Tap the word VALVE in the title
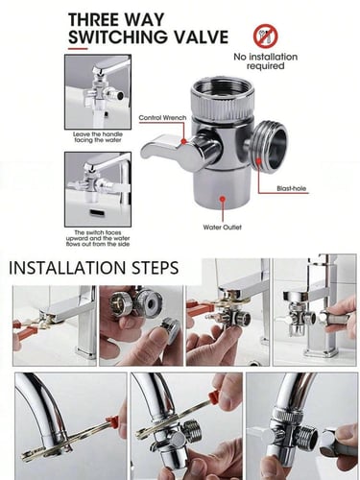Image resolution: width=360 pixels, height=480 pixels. pyautogui.click(x=203, y=36)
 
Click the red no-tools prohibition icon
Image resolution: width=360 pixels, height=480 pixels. pyautogui.click(x=266, y=36)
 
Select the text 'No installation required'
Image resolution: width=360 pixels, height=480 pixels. pyautogui.click(x=266, y=61)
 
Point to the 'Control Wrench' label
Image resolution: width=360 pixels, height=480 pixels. pyautogui.click(x=162, y=118)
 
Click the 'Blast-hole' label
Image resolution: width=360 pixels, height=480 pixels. pyautogui.click(x=291, y=188)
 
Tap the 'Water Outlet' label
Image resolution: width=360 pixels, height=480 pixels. pyautogui.click(x=222, y=228)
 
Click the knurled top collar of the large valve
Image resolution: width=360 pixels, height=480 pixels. pyautogui.click(x=223, y=96)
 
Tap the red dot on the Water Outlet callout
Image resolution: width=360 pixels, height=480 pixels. pyautogui.click(x=223, y=199)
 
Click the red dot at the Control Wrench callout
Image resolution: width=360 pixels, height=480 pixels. pyautogui.click(x=183, y=141)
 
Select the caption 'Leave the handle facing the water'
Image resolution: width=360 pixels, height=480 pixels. pyautogui.click(x=98, y=137)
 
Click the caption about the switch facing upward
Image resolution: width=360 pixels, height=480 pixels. pyautogui.click(x=98, y=238)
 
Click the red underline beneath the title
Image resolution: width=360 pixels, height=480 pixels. pyautogui.click(x=78, y=49)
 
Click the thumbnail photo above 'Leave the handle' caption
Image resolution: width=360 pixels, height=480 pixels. pyautogui.click(x=98, y=92)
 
